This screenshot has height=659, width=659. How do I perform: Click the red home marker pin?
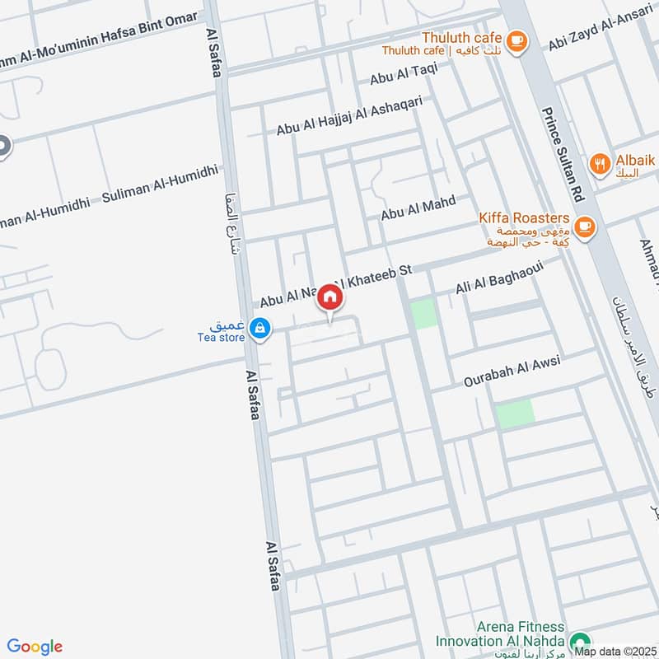(x=329, y=297)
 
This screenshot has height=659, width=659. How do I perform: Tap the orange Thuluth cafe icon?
(x=516, y=40)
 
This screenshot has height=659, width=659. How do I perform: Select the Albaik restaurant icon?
(x=599, y=163)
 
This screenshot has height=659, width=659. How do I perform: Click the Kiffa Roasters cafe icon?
(x=585, y=226)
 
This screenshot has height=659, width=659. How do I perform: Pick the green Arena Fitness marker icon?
(x=580, y=641)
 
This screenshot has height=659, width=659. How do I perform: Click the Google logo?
(x=35, y=647)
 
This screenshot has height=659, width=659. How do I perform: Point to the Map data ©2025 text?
(x=615, y=651)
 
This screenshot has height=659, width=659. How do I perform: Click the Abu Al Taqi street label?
(x=404, y=75)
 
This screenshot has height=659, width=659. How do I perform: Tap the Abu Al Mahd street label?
(x=418, y=208)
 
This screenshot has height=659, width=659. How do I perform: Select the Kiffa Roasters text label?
(x=525, y=218)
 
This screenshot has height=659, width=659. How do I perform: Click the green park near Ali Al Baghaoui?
(x=424, y=315)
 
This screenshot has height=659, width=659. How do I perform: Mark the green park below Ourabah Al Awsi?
(x=515, y=412)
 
